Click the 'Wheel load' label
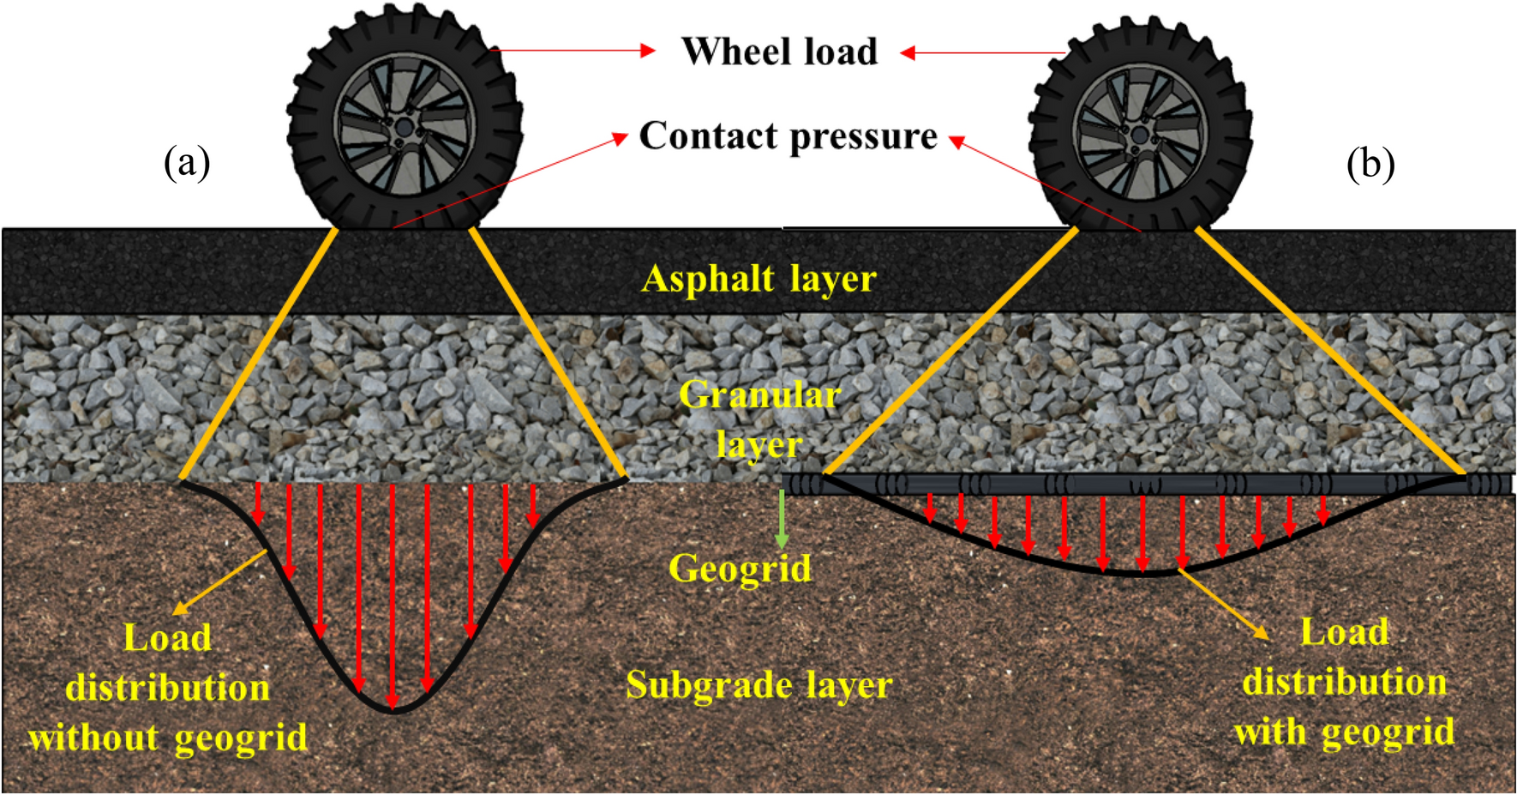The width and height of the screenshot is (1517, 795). tap(779, 51)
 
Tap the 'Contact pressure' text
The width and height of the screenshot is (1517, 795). tap(788, 136)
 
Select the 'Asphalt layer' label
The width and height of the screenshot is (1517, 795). tap(758, 279)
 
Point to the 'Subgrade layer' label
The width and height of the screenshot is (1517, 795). tap(758, 685)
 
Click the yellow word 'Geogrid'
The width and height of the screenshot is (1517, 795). tap(740, 568)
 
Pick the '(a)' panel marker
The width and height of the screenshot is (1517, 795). tap(187, 161)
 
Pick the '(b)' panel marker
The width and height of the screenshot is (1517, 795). tap(1370, 163)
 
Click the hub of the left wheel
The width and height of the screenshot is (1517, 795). tap(404, 127)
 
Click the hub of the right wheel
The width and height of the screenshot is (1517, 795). tap(1140, 136)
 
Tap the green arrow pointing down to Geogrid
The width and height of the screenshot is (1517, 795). tap(781, 519)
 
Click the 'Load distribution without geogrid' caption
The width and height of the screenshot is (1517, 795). tap(168, 688)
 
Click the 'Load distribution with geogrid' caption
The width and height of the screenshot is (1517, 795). tap(1344, 683)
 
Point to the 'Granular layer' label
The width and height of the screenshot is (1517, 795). tap(759, 419)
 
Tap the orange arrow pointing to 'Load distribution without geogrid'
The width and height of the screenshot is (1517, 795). tap(220, 583)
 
